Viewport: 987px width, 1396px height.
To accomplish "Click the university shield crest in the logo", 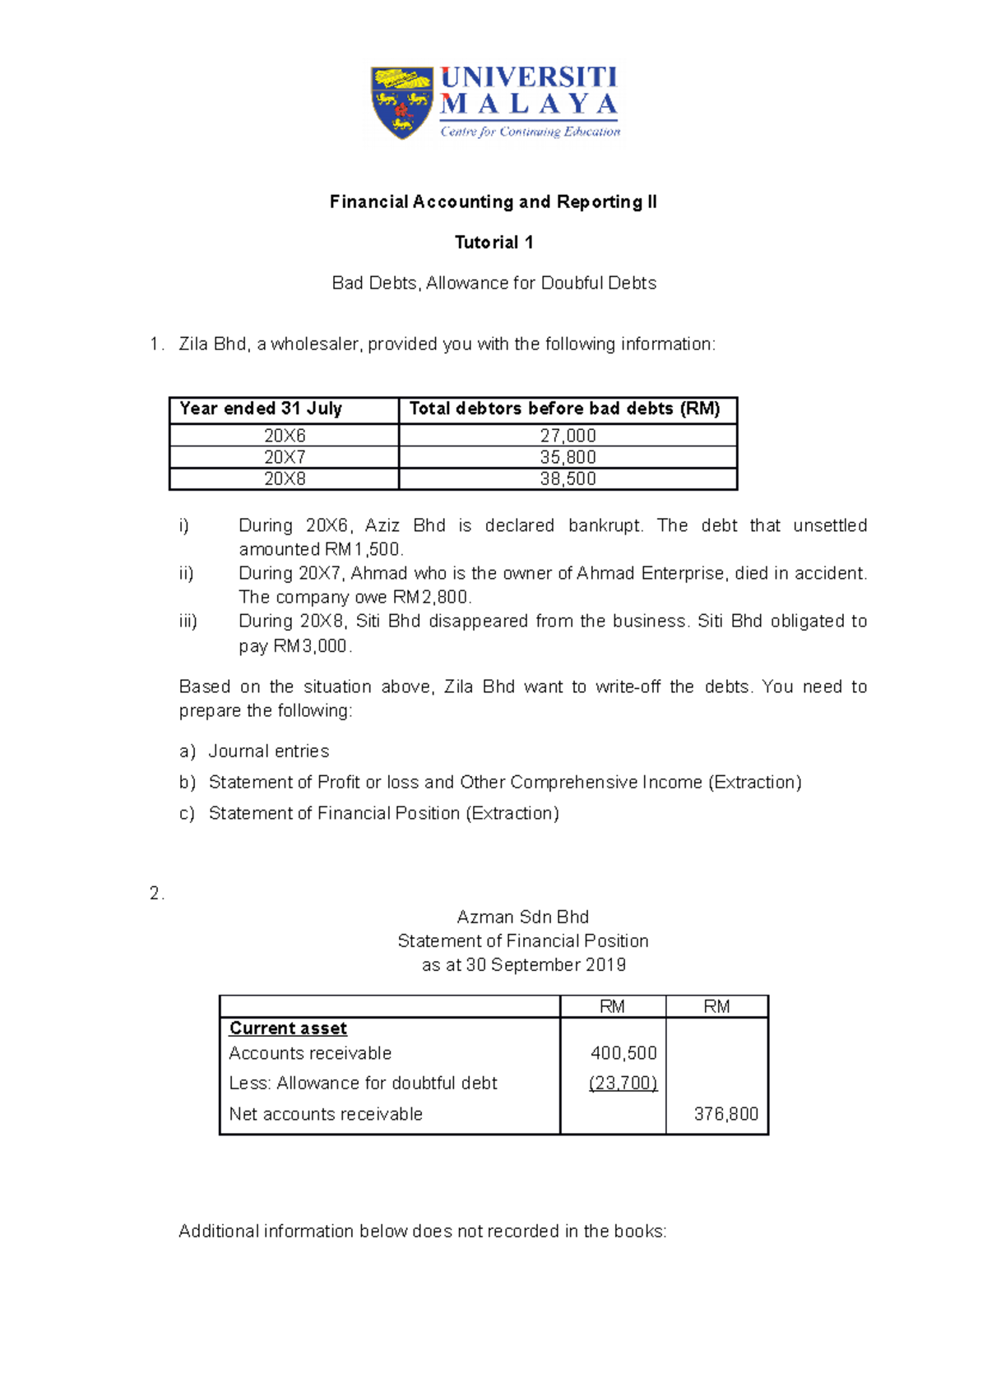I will click(x=402, y=102).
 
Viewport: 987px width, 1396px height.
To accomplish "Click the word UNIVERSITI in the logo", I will click(x=528, y=78).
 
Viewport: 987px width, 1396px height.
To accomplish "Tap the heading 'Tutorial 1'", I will click(x=493, y=243).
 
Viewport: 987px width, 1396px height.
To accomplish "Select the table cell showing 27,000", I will click(x=568, y=436).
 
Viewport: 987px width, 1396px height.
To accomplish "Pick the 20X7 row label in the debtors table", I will click(x=285, y=457).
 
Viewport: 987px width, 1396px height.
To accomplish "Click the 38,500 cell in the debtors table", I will click(x=568, y=478).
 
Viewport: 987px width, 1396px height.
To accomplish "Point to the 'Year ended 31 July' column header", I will click(x=261, y=409).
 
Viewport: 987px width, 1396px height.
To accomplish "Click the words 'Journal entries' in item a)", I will click(x=269, y=751).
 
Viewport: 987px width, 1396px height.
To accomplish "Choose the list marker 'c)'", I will click(x=187, y=813).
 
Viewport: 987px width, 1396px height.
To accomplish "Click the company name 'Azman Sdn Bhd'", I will click(x=523, y=917).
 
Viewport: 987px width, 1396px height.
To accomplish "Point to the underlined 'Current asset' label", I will click(x=288, y=1029).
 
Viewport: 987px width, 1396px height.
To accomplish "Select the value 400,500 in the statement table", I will click(x=623, y=1053).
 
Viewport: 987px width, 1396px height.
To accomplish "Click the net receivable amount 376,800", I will click(x=725, y=1114).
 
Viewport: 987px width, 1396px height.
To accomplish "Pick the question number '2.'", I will click(x=156, y=894).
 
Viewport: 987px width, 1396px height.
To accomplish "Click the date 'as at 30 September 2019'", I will click(x=523, y=965).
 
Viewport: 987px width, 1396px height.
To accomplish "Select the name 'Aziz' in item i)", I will click(x=382, y=525).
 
